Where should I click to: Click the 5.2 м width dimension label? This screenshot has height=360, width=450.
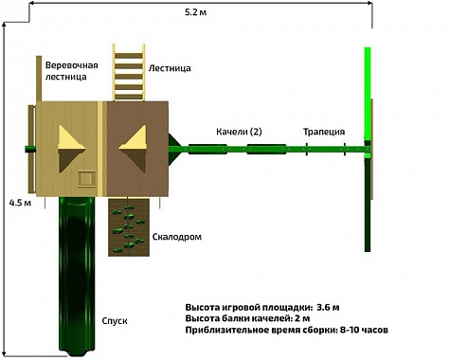pos(196,12)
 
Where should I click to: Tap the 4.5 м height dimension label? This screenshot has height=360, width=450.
pos(20,203)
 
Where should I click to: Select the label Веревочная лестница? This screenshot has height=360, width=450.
pos(72,71)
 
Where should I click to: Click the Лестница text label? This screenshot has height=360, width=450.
pos(170,68)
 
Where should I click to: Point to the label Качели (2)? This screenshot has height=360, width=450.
pos(239,132)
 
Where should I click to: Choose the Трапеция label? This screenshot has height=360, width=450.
pos(324,132)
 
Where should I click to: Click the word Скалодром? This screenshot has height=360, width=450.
pos(177,237)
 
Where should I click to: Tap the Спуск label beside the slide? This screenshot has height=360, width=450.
pos(115,321)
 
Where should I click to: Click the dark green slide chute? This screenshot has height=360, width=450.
pos(77,275)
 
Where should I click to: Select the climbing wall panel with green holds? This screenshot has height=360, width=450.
pos(129,227)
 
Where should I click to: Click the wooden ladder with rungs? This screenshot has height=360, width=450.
pos(129,72)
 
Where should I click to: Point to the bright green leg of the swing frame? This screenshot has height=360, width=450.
pos(368,95)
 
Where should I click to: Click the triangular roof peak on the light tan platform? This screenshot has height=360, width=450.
pos(71,149)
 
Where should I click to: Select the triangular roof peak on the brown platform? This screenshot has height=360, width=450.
pos(133,149)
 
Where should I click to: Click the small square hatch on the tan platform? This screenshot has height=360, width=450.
pos(87,179)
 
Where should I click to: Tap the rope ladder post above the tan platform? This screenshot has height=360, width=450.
pos(39,79)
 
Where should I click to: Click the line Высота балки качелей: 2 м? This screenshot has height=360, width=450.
pos(247,318)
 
